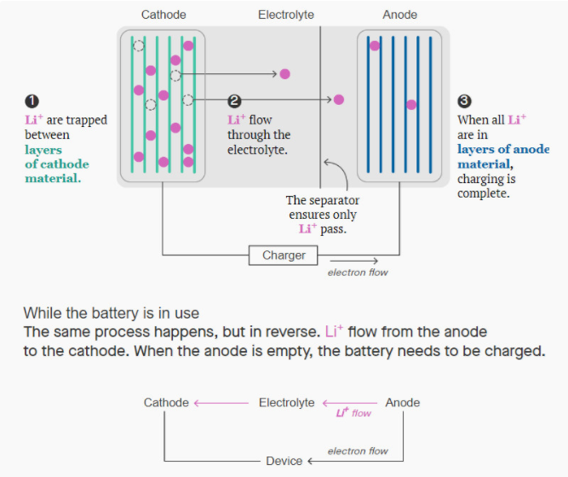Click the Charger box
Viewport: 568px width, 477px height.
point(284,255)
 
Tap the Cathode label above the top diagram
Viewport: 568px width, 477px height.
point(164,14)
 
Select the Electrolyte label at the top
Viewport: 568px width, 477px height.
point(286,14)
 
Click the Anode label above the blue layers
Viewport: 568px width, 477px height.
point(400,14)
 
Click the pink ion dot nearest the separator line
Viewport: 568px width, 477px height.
point(339,100)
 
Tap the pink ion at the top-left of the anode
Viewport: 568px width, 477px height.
point(374,45)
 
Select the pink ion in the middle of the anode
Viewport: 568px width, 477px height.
point(411,105)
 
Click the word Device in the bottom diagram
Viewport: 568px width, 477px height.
point(284,461)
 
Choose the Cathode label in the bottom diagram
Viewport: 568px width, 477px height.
point(166,402)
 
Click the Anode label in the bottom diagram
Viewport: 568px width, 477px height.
point(403,402)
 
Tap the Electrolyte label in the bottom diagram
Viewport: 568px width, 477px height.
point(286,402)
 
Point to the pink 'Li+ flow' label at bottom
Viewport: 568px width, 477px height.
point(353,413)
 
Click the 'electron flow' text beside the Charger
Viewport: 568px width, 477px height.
point(358,273)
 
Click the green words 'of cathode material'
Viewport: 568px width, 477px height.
point(56,170)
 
